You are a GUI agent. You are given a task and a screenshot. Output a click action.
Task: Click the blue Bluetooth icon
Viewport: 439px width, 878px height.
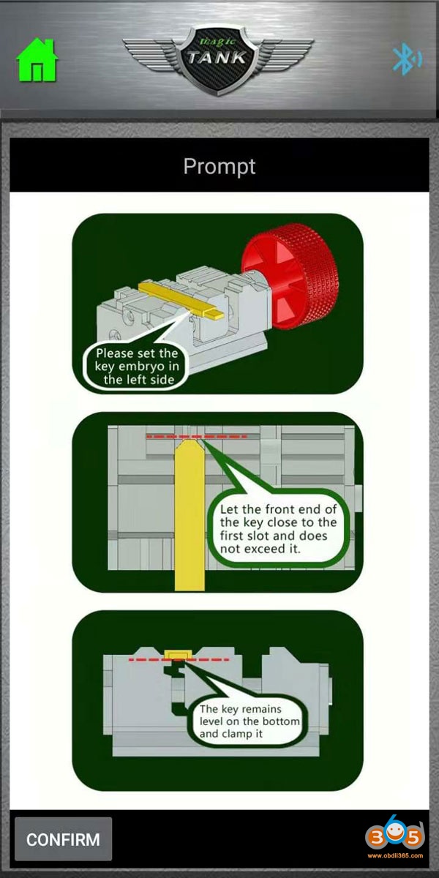click(x=408, y=59)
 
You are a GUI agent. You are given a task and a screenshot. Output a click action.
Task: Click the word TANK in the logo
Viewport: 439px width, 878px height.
click(x=217, y=58)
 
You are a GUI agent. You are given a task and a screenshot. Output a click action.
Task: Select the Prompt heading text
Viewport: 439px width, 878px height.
click(x=219, y=167)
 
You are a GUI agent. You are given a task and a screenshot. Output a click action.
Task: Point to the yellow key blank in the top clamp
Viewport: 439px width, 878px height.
click(x=181, y=299)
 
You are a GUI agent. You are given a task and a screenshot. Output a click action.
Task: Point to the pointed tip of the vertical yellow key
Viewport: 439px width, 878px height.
click(x=190, y=439)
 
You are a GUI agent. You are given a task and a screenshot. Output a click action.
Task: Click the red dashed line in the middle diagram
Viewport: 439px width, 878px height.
click(x=197, y=436)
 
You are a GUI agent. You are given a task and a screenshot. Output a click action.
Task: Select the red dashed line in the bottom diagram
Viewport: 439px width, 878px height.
click(x=179, y=660)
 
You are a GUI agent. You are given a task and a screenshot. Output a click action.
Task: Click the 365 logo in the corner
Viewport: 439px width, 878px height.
click(x=394, y=836)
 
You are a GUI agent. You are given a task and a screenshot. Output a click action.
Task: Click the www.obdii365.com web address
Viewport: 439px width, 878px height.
click(x=395, y=855)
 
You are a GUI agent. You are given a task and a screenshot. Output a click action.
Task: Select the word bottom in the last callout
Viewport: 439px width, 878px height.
click(x=281, y=721)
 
